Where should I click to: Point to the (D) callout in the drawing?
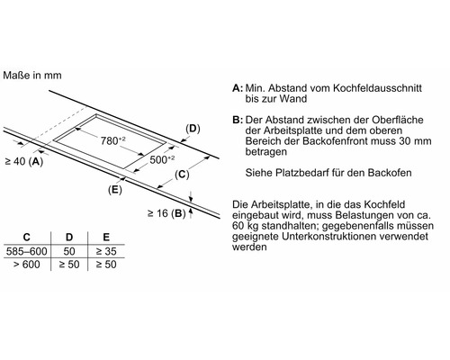(193, 129)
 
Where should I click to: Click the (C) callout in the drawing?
(181, 174)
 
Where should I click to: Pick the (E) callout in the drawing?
(114, 191)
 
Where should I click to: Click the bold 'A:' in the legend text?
(237, 90)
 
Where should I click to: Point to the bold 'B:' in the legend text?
(237, 120)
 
